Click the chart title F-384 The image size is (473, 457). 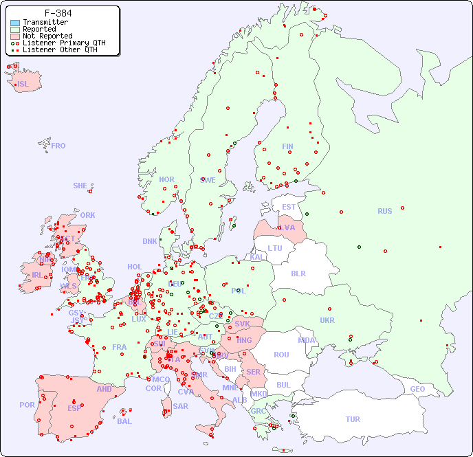pyautogui.click(x=58, y=13)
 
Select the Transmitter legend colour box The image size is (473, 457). pyautogui.click(x=15, y=23)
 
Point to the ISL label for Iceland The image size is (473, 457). pyautogui.click(x=23, y=85)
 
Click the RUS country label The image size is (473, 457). pyautogui.click(x=384, y=211)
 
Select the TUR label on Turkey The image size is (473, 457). pyautogui.click(x=353, y=419)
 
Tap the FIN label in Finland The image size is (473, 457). pyautogui.click(x=287, y=146)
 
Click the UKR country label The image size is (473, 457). pyautogui.click(x=327, y=320)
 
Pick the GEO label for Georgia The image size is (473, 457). pyautogui.click(x=417, y=389)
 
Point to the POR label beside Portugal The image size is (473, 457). pyautogui.click(x=27, y=405)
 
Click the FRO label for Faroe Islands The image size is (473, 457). pyautogui.click(x=58, y=146)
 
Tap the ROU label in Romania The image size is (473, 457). pyautogui.click(x=281, y=355)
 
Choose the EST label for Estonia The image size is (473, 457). pyautogui.click(x=289, y=207)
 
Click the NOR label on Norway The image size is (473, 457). pyautogui.click(x=166, y=179)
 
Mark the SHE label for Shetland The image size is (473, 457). pyautogui.click(x=80, y=186)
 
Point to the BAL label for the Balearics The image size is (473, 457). pyautogui.click(x=124, y=421)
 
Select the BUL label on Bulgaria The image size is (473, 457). pyautogui.click(x=283, y=385)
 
